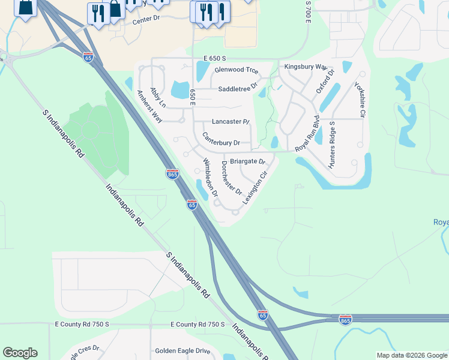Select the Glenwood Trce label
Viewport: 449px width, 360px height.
coord(236,70)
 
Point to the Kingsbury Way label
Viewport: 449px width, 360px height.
coord(306,67)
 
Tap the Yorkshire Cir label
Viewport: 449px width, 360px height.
coord(364,99)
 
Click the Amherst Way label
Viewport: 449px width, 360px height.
coord(149,106)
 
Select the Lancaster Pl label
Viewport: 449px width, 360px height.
coord(230,121)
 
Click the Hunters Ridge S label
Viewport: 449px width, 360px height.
coord(331,143)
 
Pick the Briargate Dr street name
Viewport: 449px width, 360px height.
coord(247,161)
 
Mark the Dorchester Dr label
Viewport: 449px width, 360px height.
coord(231,178)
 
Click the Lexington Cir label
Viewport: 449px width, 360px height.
coord(254,188)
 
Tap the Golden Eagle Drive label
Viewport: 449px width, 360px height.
coord(183,351)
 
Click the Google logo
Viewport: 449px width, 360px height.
coord(20,353)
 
